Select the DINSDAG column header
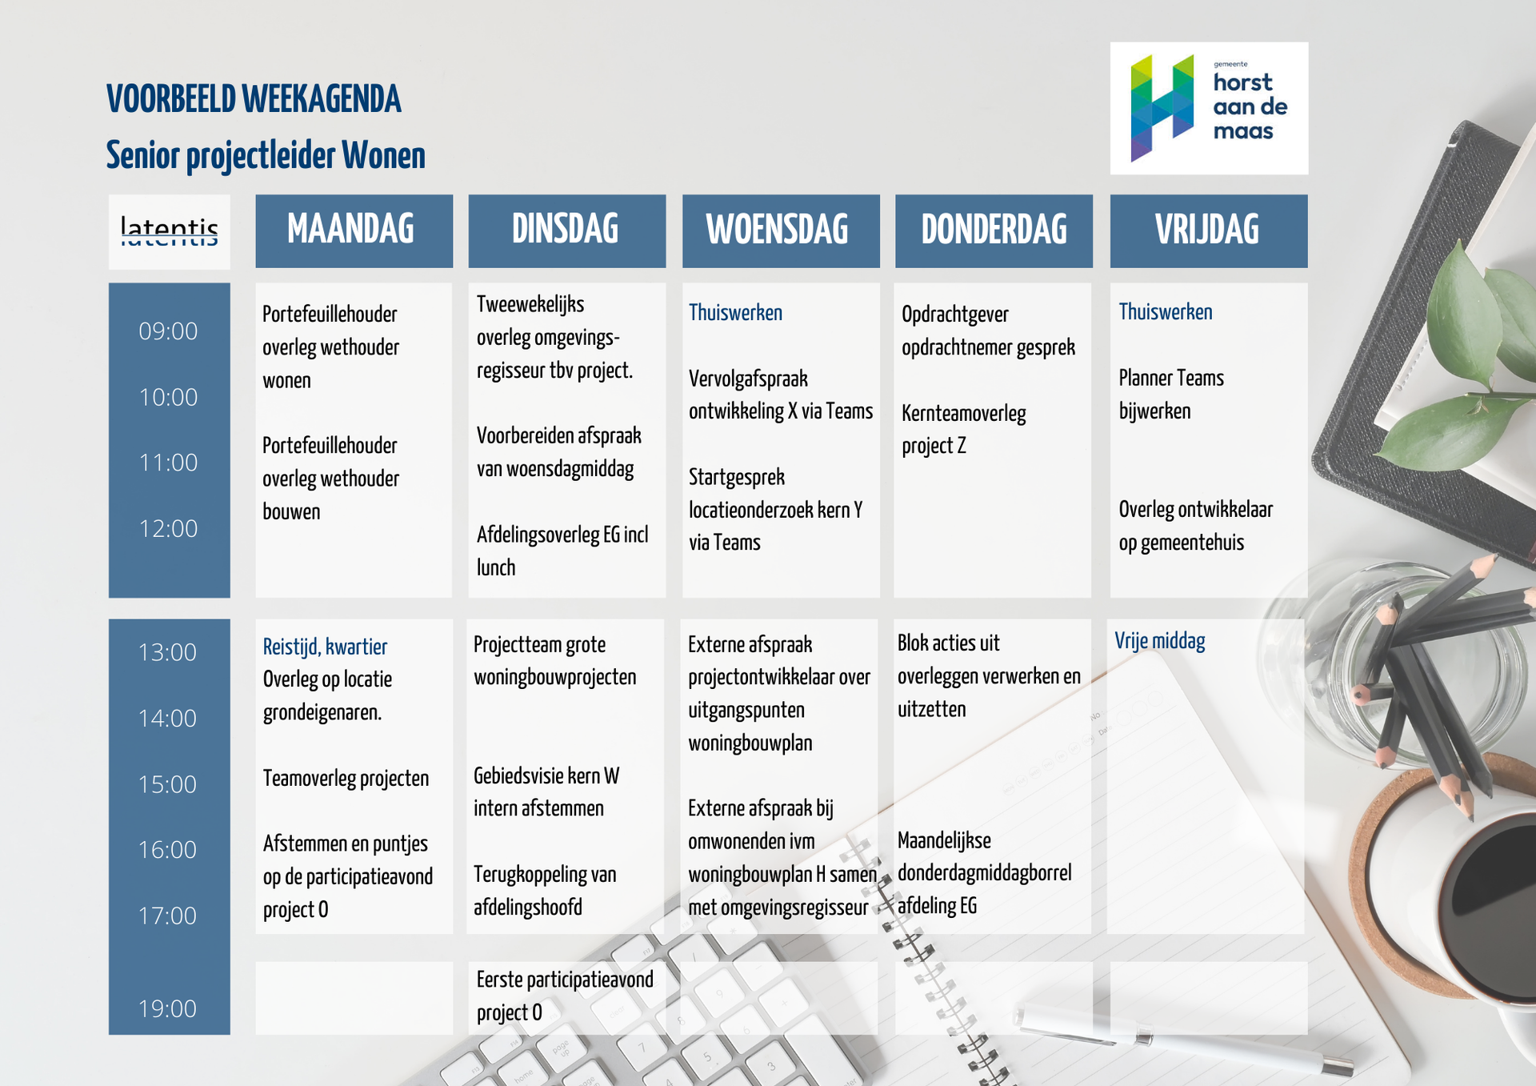click(x=566, y=230)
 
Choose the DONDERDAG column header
click(x=994, y=230)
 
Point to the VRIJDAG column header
click(x=1208, y=230)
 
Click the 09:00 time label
click(x=168, y=331)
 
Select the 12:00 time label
click(x=168, y=529)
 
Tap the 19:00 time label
click(x=168, y=1009)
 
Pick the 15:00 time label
click(x=168, y=784)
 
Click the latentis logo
click(x=169, y=231)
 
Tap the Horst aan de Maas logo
click(x=1209, y=108)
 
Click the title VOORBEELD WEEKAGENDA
click(x=254, y=100)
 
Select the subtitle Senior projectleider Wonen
click(x=266, y=155)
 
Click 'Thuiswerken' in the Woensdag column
click(x=735, y=313)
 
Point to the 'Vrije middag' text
click(x=1160, y=641)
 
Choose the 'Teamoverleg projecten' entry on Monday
click(x=346, y=779)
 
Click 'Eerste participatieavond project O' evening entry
click(x=564, y=996)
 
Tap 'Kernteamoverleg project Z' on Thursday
click(x=963, y=430)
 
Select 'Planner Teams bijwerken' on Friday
click(x=1170, y=395)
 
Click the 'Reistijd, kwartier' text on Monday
click(x=325, y=647)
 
